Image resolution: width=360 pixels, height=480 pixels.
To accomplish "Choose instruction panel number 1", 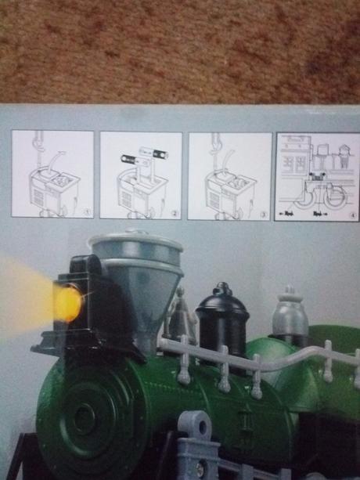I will (x=52, y=175).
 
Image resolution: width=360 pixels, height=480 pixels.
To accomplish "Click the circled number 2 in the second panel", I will (x=174, y=212).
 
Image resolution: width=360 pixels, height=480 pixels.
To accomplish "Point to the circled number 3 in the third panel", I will (x=262, y=212).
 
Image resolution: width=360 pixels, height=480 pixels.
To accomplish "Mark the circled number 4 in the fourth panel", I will (x=351, y=213).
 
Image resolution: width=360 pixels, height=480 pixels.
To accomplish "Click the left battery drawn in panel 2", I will (x=128, y=158).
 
